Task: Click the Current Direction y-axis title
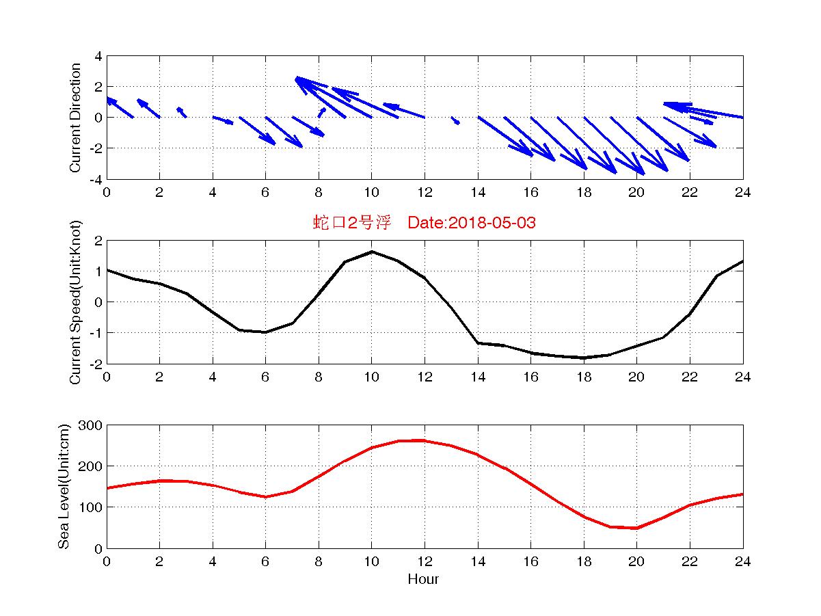click(x=75, y=118)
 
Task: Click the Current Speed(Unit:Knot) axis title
click(x=75, y=302)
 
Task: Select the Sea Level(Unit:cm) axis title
click(x=64, y=486)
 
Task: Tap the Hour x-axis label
click(x=423, y=579)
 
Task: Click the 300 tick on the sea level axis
click(x=92, y=425)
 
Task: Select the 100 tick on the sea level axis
click(x=92, y=507)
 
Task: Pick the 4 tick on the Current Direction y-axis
click(x=98, y=56)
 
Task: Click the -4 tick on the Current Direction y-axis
click(x=96, y=179)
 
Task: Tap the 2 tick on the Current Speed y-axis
click(x=98, y=241)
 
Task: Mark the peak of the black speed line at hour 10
click(x=371, y=252)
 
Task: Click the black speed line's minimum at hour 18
click(x=583, y=358)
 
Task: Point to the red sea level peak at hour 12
click(x=424, y=440)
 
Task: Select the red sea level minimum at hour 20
click(x=636, y=528)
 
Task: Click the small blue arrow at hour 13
click(x=455, y=120)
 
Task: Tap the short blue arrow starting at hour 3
click(x=182, y=112)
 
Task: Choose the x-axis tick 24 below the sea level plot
click(x=742, y=561)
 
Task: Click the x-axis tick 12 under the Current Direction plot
click(x=425, y=192)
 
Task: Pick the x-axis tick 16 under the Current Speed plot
click(x=530, y=377)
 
